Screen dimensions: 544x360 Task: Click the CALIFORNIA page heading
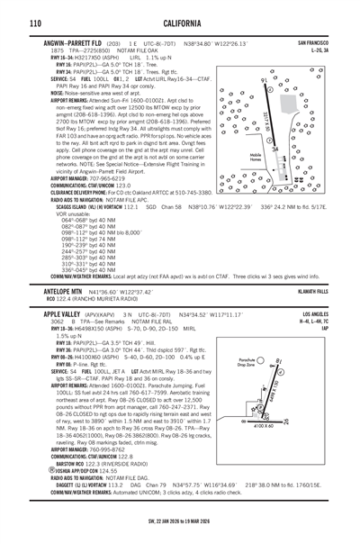pos(180,23)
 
